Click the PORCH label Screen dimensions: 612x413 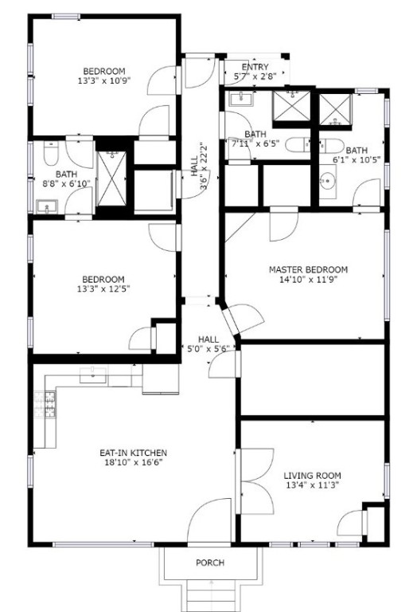(x=210, y=563)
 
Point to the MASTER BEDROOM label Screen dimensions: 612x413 (x=308, y=270)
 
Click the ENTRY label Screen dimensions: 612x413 (x=255, y=68)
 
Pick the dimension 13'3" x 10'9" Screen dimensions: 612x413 (x=104, y=80)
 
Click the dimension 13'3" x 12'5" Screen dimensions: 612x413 (x=103, y=289)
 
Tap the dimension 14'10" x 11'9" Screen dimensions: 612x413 (x=308, y=280)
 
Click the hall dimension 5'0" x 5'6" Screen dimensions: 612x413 (x=208, y=348)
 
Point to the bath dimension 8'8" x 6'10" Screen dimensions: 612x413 (x=65, y=183)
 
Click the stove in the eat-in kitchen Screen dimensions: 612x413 (x=45, y=405)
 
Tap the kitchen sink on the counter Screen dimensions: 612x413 (x=94, y=374)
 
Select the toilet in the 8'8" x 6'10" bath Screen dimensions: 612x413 (x=49, y=151)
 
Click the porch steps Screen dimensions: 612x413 (x=210, y=594)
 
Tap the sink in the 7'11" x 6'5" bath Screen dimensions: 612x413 (x=238, y=100)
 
